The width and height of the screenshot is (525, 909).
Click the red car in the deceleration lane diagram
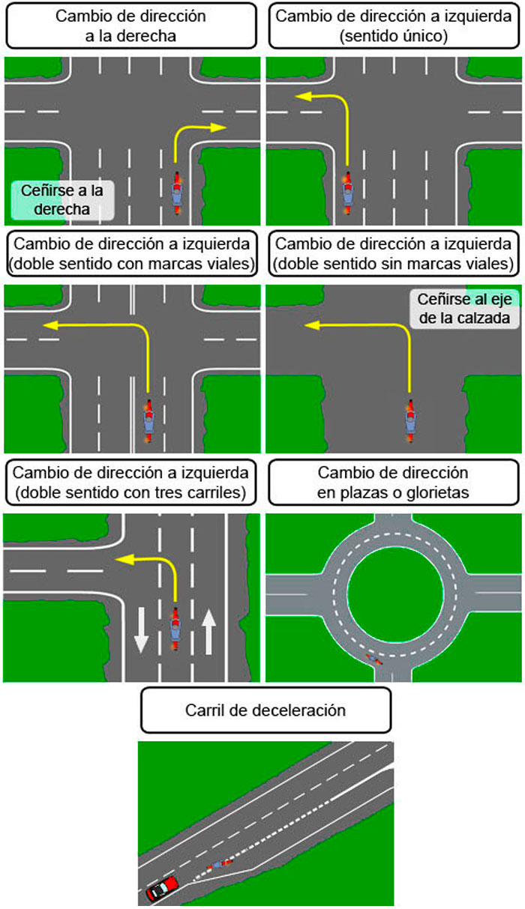click(163, 888)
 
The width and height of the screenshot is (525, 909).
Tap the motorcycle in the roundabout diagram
click(373, 659)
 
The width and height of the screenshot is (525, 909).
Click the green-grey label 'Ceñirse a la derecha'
click(63, 200)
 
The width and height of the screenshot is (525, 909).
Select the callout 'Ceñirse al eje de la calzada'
click(463, 308)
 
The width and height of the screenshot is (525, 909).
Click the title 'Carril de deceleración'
click(265, 710)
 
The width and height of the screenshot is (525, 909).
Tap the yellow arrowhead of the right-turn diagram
click(220, 127)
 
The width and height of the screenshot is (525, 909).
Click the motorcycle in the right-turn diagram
click(178, 193)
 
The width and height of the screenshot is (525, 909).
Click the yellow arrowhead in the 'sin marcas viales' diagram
click(310, 324)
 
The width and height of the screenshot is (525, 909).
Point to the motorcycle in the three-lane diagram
click(176, 628)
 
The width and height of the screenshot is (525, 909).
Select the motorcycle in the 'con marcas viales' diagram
click(148, 421)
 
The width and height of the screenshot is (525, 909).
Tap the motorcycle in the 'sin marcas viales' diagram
click(410, 421)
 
